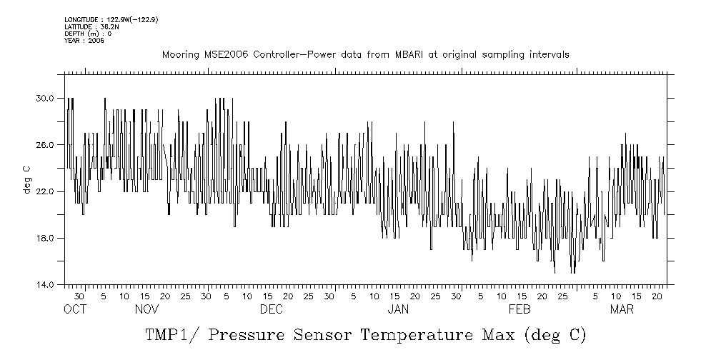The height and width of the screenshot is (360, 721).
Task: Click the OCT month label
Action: (x=74, y=309)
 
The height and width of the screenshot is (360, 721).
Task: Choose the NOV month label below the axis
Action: (x=146, y=309)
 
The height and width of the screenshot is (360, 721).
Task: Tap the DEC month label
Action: (x=271, y=309)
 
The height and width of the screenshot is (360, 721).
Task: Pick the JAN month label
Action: (x=397, y=309)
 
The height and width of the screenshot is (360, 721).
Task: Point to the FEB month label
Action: (x=519, y=309)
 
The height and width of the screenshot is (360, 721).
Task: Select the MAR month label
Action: (x=621, y=309)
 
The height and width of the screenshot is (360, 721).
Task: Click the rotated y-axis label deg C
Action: (x=26, y=179)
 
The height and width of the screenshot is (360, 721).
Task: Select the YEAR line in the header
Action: (x=84, y=41)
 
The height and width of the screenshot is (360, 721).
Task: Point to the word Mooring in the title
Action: (x=179, y=55)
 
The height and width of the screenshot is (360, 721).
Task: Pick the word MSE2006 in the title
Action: (x=224, y=55)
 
